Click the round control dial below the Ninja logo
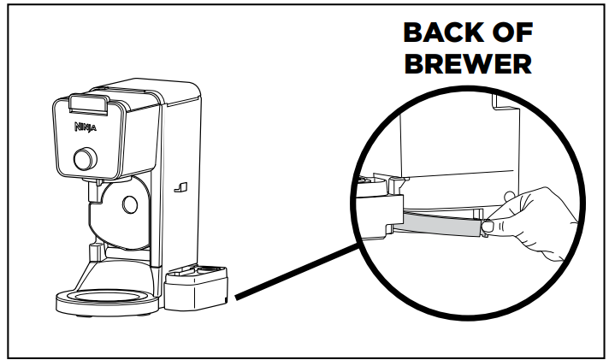pos(84,159)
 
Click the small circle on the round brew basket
pos(129,204)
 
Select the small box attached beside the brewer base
pos(197,289)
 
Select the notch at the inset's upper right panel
pos(497,106)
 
